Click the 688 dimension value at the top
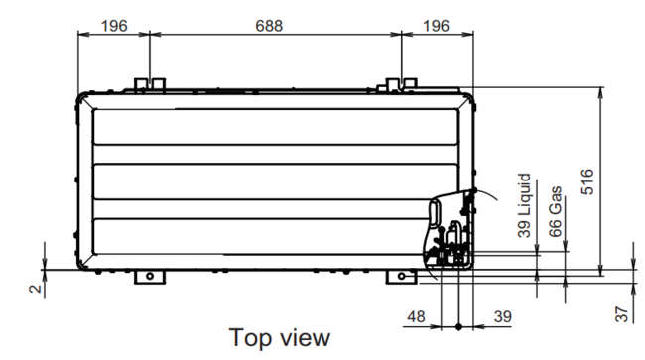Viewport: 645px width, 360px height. click(x=269, y=26)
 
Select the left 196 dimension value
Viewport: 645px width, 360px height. click(x=114, y=26)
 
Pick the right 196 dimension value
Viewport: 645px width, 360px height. click(x=436, y=26)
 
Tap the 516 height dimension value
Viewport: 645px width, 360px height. click(x=587, y=181)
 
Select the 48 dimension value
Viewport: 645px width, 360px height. click(x=416, y=316)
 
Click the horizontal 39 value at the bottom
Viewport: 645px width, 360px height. click(x=503, y=316)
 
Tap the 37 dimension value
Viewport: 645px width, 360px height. click(x=622, y=314)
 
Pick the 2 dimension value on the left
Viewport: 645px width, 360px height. click(x=36, y=289)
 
